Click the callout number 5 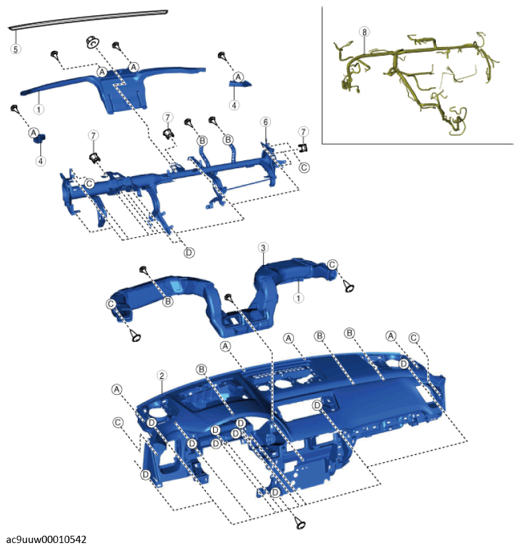pyautogui.click(x=15, y=48)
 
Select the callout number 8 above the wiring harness pyautogui.click(x=364, y=32)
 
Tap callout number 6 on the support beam pyautogui.click(x=266, y=122)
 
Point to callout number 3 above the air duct pyautogui.click(x=263, y=248)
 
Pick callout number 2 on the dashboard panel pyautogui.click(x=162, y=375)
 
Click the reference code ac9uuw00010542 pyautogui.click(x=46, y=539)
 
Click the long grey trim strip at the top pyautogui.click(x=88, y=19)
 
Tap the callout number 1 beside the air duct pyautogui.click(x=298, y=298)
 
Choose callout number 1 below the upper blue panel pyautogui.click(x=38, y=109)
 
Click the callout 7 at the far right pyautogui.click(x=303, y=132)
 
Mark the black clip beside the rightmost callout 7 pyautogui.click(x=303, y=148)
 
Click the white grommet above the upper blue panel pyautogui.click(x=92, y=42)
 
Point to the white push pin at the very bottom pyautogui.click(x=299, y=523)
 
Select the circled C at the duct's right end pyautogui.click(x=332, y=264)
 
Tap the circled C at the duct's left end pyautogui.click(x=111, y=304)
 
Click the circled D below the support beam pyautogui.click(x=189, y=252)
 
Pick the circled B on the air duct pyautogui.click(x=168, y=301)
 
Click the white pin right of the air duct pyautogui.click(x=348, y=286)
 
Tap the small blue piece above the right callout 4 pyautogui.click(x=240, y=83)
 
